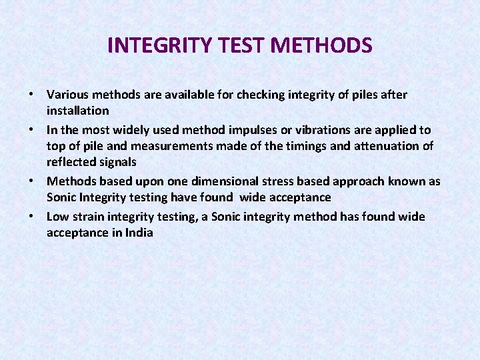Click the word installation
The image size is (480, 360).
click(x=77, y=110)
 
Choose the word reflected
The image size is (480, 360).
click(x=71, y=162)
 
